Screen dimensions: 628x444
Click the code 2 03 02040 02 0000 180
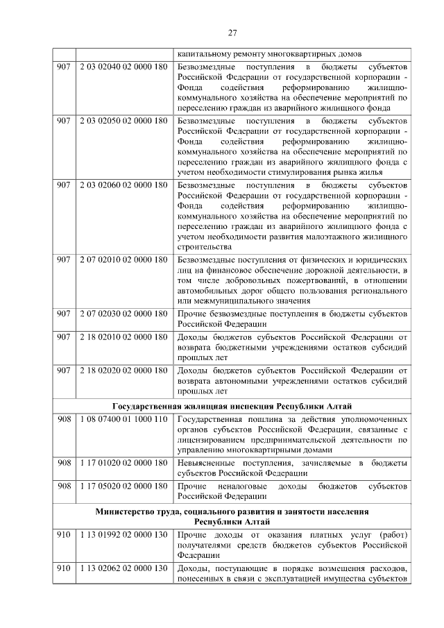pyautogui.click(x=123, y=66)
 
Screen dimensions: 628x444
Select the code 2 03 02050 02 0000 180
pyautogui.click(x=123, y=121)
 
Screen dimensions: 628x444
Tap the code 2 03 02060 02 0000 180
pyautogui.click(x=123, y=185)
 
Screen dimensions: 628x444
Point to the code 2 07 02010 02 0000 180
pyautogui.click(x=123, y=260)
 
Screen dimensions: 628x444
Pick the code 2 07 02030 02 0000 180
pyautogui.click(x=123, y=314)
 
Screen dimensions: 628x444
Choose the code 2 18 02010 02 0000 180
pyautogui.click(x=123, y=337)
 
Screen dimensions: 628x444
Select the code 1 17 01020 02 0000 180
pyautogui.click(x=123, y=462)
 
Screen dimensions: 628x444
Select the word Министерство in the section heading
pyautogui.click(x=126, y=511)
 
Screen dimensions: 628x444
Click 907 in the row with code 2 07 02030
pyautogui.click(x=64, y=314)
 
